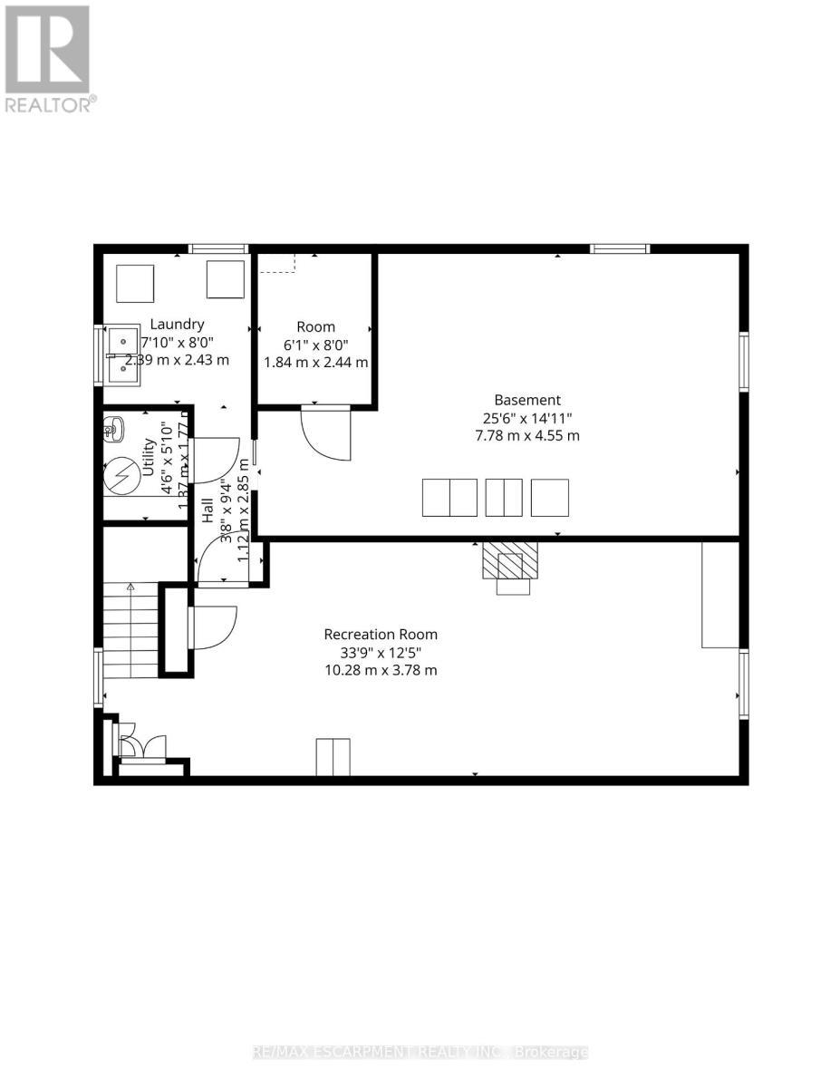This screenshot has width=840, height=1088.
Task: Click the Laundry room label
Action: pos(177,324)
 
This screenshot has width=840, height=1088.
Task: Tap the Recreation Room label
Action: pos(381,635)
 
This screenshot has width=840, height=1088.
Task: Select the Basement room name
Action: pos(527,400)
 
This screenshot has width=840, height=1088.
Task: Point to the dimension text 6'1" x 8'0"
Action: pos(315,345)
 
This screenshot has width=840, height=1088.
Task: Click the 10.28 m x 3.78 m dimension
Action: pos(381,670)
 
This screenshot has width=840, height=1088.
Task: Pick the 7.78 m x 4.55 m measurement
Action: pos(527,435)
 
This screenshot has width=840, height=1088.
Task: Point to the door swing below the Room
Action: pos(324,431)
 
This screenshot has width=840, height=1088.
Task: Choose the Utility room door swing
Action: pos(216,459)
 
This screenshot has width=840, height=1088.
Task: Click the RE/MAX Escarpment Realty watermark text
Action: pos(420,1052)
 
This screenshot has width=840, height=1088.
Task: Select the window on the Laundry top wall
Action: pos(218,248)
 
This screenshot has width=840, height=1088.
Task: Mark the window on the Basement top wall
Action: pos(620,248)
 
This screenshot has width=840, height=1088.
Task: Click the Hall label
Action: pos(207,510)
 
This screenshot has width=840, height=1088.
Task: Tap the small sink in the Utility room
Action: pos(112,427)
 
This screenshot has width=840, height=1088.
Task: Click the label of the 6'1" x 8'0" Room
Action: pos(315,326)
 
